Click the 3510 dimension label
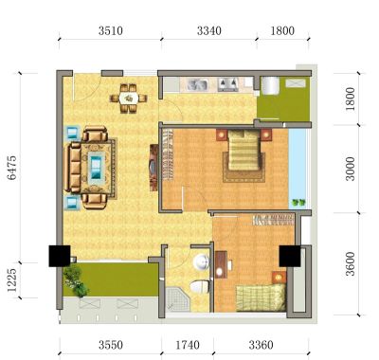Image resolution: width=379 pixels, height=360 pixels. tap(111, 31)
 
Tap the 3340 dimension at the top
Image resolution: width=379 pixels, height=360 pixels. tap(209, 31)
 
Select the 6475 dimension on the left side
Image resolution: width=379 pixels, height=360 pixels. tap(12, 168)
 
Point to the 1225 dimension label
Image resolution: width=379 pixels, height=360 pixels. tap(12, 280)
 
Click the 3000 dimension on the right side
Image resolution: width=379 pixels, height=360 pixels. tap(350, 169)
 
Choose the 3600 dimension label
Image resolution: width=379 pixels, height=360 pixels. tap(350, 263)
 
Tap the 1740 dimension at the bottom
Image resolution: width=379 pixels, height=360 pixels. tap(188, 345)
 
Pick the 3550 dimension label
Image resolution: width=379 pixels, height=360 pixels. tap(111, 345)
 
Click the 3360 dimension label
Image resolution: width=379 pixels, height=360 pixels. tap(261, 345)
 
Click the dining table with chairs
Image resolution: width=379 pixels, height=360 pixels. tap(129, 99)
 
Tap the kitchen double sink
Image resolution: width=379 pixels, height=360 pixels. tap(197, 84)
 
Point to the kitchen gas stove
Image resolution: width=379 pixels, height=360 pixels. tap(228, 84)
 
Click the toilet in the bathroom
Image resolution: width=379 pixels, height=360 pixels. tap(200, 287)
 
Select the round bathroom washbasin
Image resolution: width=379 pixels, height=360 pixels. tap(201, 262)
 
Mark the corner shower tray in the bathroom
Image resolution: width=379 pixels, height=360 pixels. tap(177, 298)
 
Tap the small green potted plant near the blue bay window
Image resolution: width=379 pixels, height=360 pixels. tap(298, 203)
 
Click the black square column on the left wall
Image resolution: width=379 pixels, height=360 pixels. tap(60, 256)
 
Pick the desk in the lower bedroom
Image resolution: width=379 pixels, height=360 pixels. tap(221, 264)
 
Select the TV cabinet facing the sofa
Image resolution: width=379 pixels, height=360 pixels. tap(153, 168)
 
